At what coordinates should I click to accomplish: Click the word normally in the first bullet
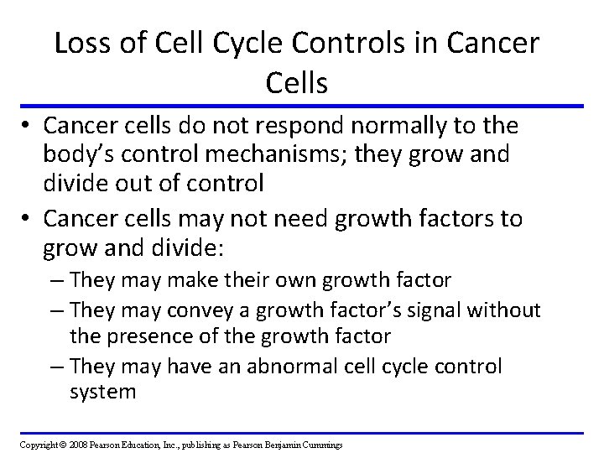coord(404,127)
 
